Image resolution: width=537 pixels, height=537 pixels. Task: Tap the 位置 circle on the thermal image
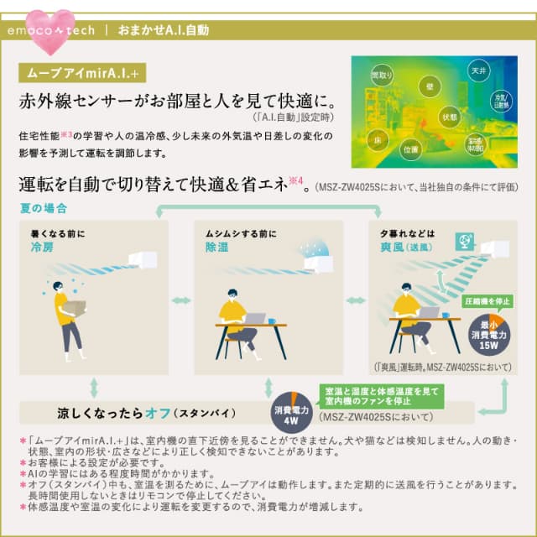pos(411,150)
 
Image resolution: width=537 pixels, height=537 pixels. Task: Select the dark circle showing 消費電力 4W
pos(293,411)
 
